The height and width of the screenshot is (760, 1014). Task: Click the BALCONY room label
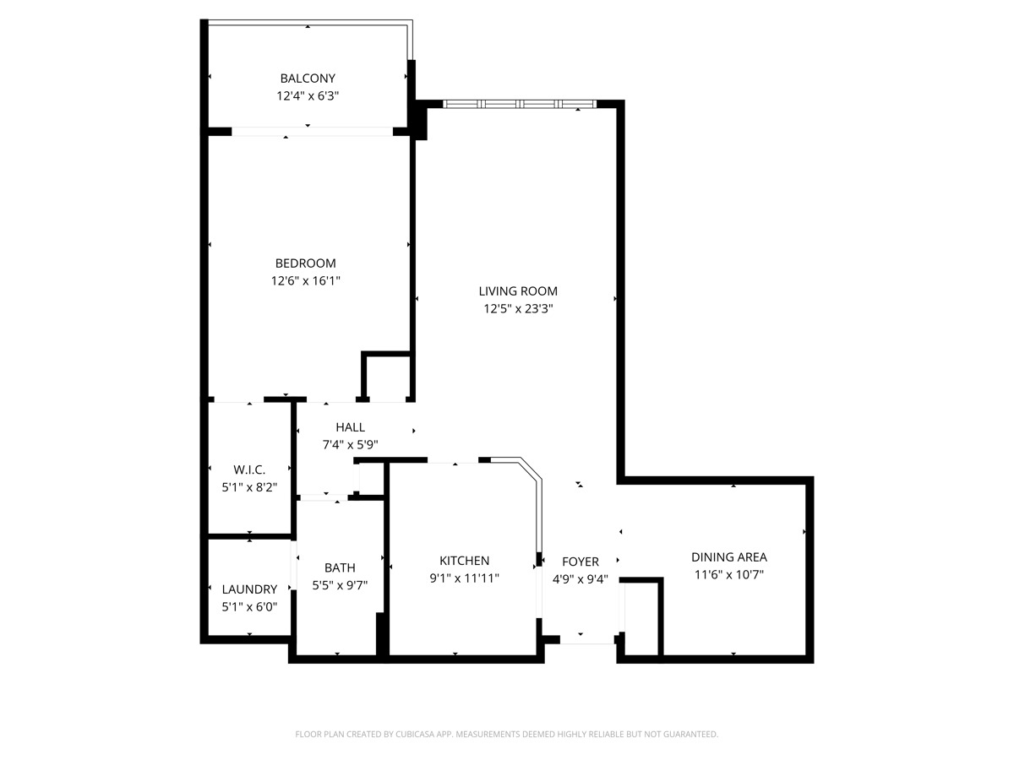coord(308,79)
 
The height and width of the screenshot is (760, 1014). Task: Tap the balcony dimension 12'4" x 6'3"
coord(308,96)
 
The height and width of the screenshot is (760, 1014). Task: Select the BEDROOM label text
coord(305,263)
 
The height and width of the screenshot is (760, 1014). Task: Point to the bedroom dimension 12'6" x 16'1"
coord(305,280)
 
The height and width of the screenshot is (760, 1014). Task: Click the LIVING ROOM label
coord(518,291)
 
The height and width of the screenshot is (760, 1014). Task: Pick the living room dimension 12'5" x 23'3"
coord(518,309)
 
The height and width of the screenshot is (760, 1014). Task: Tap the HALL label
coord(350,427)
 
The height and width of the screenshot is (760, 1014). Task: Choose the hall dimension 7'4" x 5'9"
coord(350,444)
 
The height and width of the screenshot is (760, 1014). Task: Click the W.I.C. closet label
coord(249,470)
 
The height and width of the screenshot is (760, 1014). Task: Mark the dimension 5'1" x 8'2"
coord(249,487)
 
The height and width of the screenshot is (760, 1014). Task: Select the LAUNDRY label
coord(249,589)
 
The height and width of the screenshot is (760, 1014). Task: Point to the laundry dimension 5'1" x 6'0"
coord(249,606)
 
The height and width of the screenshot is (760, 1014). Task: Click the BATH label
coord(340,567)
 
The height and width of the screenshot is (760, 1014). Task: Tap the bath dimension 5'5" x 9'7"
coord(340,584)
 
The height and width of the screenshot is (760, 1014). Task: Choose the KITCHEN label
coord(464,561)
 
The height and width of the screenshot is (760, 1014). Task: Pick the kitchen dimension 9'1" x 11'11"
coord(464,578)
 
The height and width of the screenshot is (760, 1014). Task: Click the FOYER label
coord(581,562)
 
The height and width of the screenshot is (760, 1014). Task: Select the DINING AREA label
coord(729,557)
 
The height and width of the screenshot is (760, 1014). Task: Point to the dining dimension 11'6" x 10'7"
coord(729,574)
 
